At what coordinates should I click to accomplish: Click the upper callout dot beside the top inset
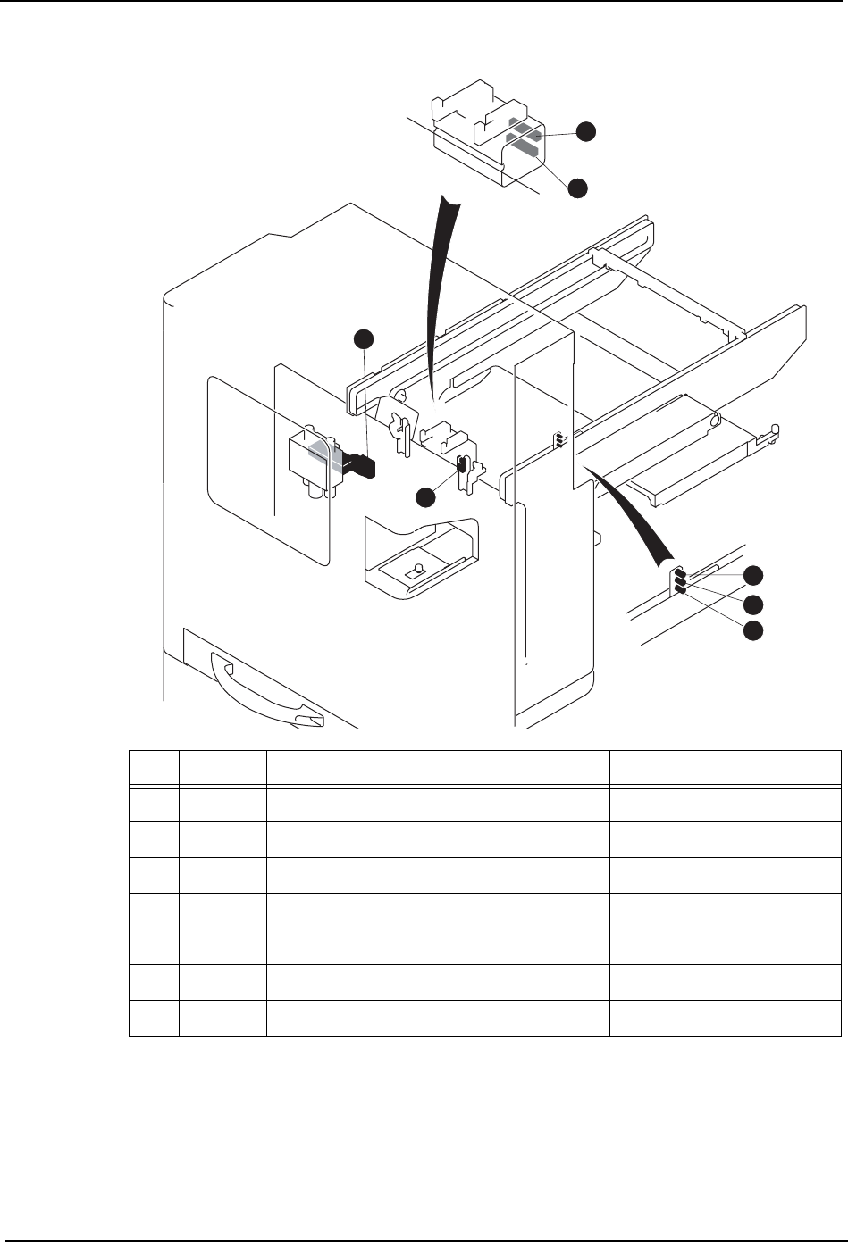click(x=585, y=131)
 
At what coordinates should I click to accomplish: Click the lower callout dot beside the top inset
click(x=578, y=188)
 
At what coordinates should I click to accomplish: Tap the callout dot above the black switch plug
click(x=363, y=338)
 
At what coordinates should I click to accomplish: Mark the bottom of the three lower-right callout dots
click(x=754, y=630)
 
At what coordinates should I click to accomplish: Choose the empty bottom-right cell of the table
click(x=725, y=1018)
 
